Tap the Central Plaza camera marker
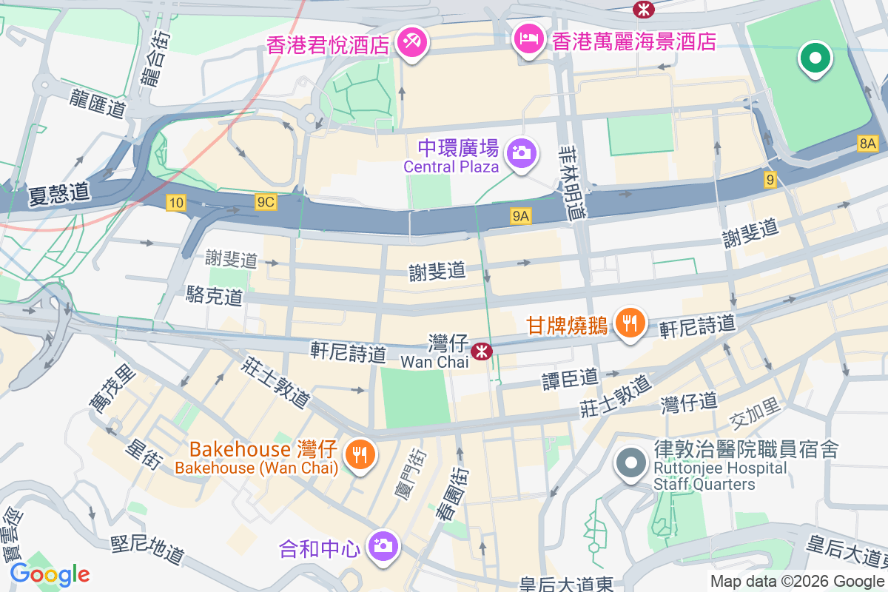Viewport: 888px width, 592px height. pos(521,152)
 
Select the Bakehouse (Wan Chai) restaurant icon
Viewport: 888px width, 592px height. pos(360,454)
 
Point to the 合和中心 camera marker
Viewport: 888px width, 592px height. pos(383,546)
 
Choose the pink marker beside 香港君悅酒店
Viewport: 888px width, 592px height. pos(409,41)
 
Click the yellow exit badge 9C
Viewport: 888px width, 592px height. pos(265,202)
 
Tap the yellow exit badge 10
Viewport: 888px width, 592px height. pos(175,203)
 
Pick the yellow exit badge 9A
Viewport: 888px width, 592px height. pos(521,215)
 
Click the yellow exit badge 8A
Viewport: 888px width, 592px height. pos(868,144)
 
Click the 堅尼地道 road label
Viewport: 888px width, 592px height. pos(147,551)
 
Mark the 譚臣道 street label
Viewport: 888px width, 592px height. pos(570,379)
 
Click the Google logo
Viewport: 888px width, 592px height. pos(50,573)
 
